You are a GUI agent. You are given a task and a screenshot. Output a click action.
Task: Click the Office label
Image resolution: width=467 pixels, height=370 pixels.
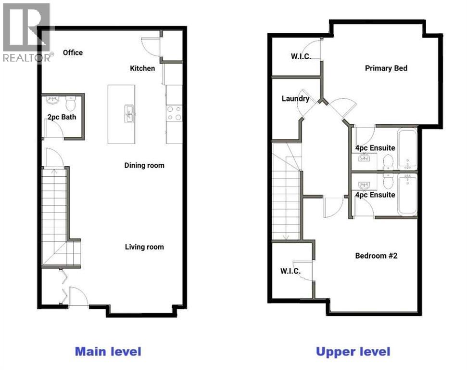point(73,53)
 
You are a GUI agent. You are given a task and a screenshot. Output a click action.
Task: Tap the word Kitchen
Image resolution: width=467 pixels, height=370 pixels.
point(142,68)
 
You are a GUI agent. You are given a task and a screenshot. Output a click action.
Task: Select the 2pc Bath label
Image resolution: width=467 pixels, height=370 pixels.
point(62,117)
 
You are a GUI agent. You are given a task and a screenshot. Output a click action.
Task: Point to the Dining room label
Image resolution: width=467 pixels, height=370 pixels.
point(144,165)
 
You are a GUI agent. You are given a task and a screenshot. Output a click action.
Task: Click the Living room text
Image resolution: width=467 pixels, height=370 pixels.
point(144,247)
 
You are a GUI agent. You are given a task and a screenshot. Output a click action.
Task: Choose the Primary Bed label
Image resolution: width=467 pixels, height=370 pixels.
point(386,68)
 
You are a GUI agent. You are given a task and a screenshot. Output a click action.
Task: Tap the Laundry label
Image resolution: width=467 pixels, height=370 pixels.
point(295,99)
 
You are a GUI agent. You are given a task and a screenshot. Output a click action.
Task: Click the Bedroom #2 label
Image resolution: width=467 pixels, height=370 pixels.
point(376,256)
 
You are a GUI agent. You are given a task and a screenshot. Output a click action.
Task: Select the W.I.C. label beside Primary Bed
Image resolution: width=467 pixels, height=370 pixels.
point(301,56)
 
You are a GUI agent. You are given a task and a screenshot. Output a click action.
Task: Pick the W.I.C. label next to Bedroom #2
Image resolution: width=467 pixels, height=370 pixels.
point(290,271)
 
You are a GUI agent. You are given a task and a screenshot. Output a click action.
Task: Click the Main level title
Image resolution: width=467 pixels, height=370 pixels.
point(108,351)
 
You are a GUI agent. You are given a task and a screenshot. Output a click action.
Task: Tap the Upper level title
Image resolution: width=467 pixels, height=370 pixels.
point(353,351)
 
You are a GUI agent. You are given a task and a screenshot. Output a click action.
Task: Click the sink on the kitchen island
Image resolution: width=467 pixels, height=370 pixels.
point(129,114)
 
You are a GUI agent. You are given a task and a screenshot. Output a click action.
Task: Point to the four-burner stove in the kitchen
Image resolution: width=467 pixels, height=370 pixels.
point(174,113)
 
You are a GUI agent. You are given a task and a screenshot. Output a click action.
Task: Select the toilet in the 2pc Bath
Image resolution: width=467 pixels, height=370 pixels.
point(71,103)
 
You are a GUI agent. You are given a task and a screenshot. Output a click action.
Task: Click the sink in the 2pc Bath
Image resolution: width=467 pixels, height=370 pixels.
point(52,101)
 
